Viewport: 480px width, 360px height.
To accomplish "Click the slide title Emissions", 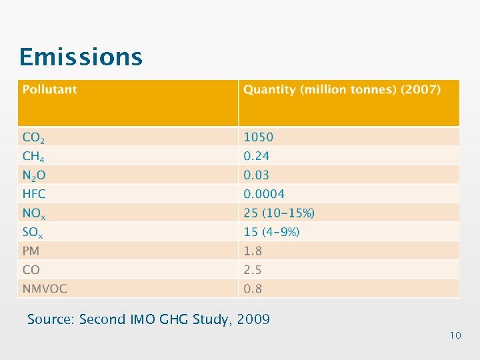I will [x=81, y=57].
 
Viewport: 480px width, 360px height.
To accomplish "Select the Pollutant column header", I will [x=50, y=89].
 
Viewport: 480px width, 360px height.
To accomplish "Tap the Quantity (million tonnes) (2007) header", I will [x=341, y=89].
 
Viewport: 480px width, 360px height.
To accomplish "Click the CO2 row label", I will [x=33, y=137].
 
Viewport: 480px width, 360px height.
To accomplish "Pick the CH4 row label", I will [x=33, y=156].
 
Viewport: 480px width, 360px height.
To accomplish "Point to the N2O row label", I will [x=34, y=175].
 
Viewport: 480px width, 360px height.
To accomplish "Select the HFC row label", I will [x=34, y=194].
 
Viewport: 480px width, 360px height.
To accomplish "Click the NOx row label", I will [x=34, y=213].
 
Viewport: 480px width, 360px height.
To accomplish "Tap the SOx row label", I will [x=33, y=232].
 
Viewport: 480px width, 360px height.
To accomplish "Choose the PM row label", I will [x=31, y=251].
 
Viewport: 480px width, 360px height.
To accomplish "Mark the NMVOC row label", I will [x=45, y=289].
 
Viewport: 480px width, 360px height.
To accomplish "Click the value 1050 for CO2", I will [x=258, y=137].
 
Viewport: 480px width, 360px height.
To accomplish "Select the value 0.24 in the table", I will [x=257, y=156].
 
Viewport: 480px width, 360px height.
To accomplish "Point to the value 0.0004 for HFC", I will [x=264, y=194].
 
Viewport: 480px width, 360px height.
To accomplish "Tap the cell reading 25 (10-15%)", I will [x=279, y=213].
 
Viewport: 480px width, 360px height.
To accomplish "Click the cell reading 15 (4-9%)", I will [x=271, y=232].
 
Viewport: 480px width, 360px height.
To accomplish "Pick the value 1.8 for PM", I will [x=253, y=251].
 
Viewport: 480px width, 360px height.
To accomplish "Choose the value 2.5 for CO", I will [x=253, y=270].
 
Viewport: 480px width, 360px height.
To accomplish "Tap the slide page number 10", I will [x=455, y=335].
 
